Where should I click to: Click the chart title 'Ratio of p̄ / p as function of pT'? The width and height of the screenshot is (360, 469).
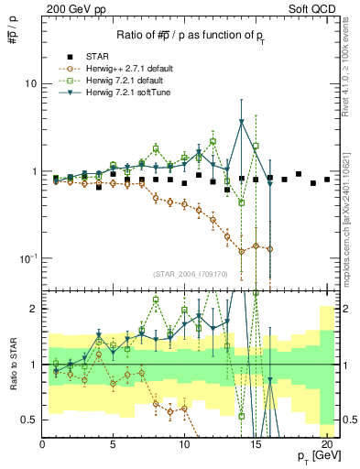[190, 35]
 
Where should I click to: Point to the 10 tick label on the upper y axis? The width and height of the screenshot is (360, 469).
[30, 83]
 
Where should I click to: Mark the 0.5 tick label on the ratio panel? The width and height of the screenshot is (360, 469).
[29, 420]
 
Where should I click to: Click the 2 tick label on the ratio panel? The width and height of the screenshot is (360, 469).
[34, 309]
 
